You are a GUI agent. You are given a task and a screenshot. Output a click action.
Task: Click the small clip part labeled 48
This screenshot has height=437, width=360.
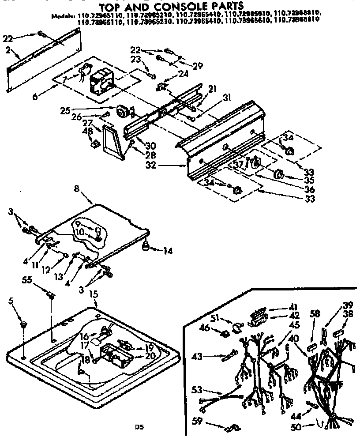[x=94, y=143]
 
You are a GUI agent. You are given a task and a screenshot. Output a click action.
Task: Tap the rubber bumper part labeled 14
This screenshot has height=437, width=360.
[x=145, y=248]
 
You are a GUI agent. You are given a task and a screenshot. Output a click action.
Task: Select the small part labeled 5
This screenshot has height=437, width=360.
[x=22, y=326]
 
